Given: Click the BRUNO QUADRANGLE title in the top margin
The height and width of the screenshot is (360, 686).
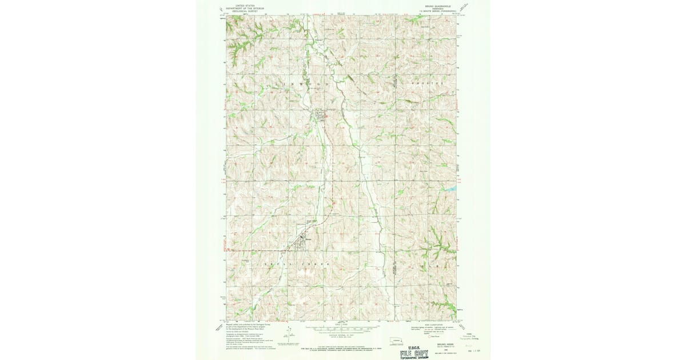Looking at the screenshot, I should (x=441, y=6).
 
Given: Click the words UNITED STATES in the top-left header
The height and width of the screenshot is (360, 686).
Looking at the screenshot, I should (x=240, y=4).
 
